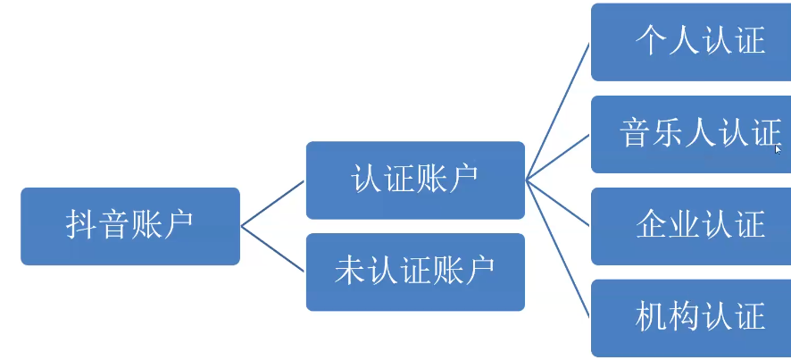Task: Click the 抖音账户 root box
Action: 130,226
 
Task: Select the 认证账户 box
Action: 415,180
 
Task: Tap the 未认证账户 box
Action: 415,272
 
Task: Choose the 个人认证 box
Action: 691,42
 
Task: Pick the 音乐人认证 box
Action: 691,134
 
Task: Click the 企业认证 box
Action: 691,226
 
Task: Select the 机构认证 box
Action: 691,317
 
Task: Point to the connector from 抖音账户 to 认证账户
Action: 272,204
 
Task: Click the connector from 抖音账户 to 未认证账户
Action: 272,248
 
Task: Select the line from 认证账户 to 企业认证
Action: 558,203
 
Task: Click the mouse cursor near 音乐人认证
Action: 779,149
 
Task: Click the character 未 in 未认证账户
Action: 350,270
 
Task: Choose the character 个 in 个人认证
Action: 652,41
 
